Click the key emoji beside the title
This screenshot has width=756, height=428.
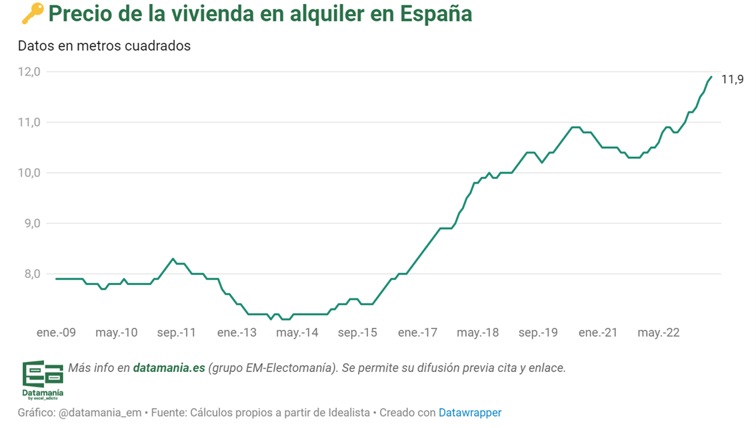click(x=32, y=14)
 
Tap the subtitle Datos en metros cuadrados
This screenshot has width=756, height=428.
click(x=104, y=46)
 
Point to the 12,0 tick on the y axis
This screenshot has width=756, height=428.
click(x=29, y=71)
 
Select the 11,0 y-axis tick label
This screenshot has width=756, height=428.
click(x=29, y=122)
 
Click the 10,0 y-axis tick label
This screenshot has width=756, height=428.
click(x=29, y=173)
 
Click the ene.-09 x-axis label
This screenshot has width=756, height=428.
click(x=56, y=333)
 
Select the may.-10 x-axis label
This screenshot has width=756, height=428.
click(x=116, y=333)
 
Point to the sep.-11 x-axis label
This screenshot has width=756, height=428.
click(x=177, y=333)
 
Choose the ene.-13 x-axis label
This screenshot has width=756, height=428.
click(x=237, y=333)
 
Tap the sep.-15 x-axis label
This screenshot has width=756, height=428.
click(x=357, y=333)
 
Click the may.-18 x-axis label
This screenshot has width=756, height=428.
click(x=478, y=333)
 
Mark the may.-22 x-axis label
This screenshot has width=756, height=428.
click(x=659, y=333)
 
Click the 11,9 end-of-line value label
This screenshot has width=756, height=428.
click(x=733, y=80)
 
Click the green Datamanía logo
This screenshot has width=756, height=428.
click(x=43, y=381)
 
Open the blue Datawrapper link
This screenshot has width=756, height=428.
click(x=470, y=413)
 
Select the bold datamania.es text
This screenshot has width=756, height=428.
click(x=169, y=368)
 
